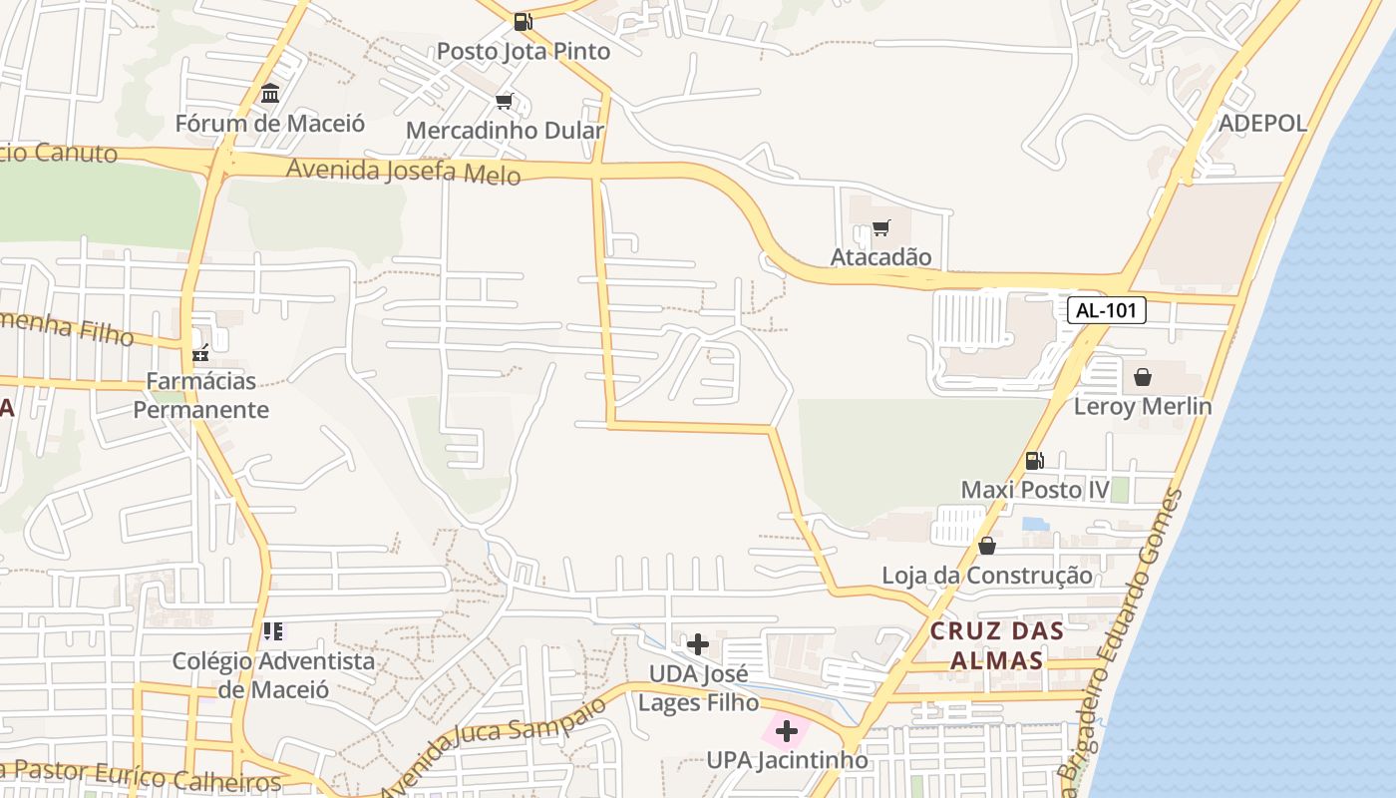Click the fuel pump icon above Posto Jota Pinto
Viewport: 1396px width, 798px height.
coord(523,21)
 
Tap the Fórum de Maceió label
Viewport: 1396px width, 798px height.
coord(270,124)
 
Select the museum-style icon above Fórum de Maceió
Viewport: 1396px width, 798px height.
coord(270,94)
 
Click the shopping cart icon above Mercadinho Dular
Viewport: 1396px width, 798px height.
coord(505,102)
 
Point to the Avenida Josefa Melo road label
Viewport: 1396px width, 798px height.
coord(403,172)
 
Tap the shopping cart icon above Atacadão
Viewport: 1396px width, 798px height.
coord(880,228)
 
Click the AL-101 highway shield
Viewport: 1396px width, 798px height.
coord(1107,310)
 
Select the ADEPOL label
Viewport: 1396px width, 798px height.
coord(1262,123)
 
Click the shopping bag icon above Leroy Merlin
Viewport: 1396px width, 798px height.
coord(1143,377)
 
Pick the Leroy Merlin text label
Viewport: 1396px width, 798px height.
coord(1143,406)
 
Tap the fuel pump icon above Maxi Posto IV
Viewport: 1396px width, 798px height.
coord(1035,461)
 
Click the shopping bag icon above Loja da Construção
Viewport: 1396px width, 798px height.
coord(987,546)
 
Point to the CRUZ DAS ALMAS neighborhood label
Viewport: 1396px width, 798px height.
coord(997,645)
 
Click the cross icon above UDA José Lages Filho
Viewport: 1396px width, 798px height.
coord(698,644)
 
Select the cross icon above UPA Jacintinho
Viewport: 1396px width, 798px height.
coord(787,731)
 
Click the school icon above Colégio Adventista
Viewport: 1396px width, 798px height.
coord(273,630)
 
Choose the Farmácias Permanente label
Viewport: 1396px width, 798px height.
coord(201,395)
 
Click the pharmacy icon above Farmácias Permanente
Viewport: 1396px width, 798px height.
coord(201,352)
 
